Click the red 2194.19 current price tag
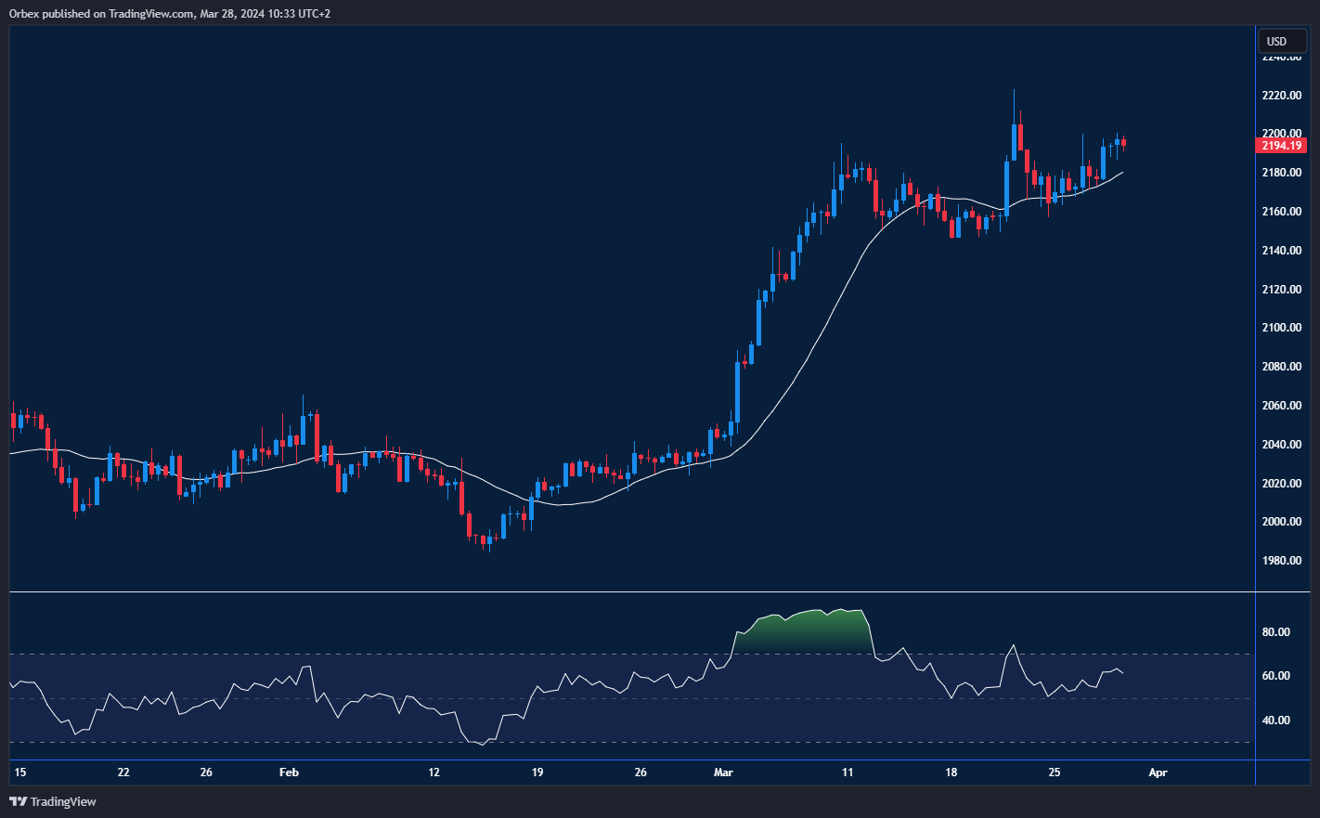coord(1281,146)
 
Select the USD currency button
coord(1277,41)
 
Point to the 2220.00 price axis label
coord(1281,96)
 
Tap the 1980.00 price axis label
coord(1281,561)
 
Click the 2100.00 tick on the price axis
coord(1281,328)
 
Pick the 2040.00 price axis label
coord(1281,445)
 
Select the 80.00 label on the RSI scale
coord(1276,632)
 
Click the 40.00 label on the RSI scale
coord(1276,721)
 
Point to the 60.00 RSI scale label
coord(1276,676)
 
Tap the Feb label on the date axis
coord(290,773)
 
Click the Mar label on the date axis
coord(724,773)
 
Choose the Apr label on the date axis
coord(1158,773)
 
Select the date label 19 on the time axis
coord(537,773)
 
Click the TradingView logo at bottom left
coord(53,801)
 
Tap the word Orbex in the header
coord(25,14)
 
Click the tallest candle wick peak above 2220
coord(1014,91)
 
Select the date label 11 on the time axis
coord(848,773)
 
